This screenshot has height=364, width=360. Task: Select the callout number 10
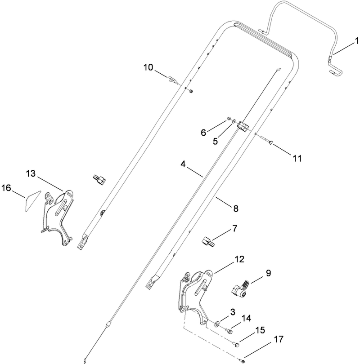tap(148, 67)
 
